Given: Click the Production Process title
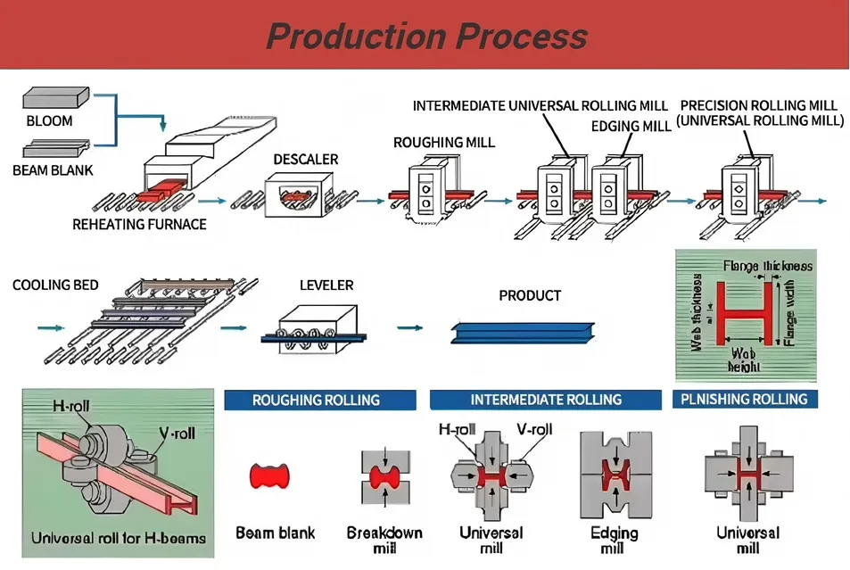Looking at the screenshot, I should point(426,36).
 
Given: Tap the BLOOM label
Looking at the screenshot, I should point(50,121).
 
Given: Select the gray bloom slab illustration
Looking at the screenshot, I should point(56,96).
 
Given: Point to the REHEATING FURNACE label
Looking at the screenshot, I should point(139,225).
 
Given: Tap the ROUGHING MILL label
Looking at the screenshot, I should point(443,142).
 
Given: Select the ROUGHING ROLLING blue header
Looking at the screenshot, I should point(316,400).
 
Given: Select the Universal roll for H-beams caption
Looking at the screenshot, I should point(118,538).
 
